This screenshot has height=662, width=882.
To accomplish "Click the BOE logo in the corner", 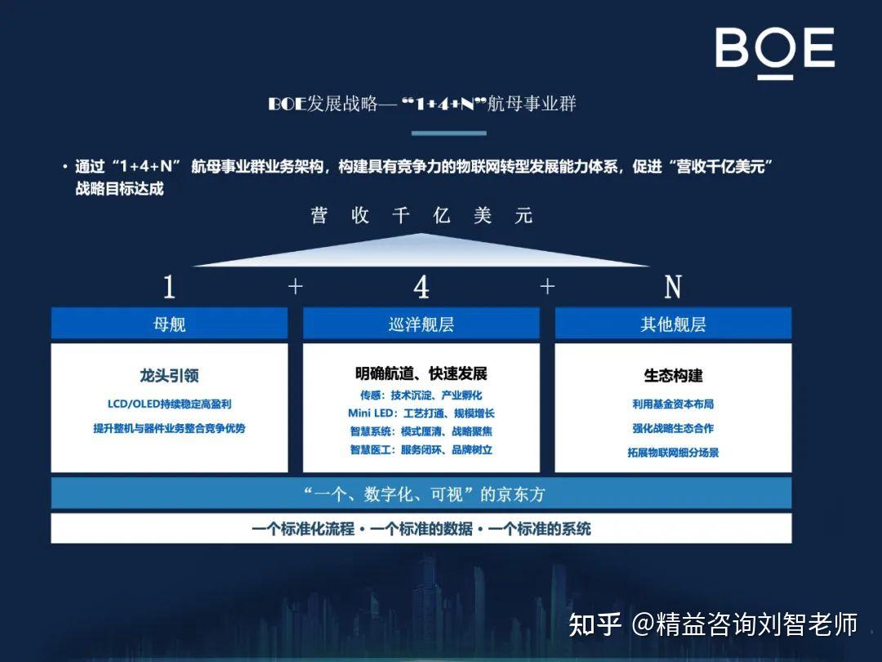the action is [774, 51].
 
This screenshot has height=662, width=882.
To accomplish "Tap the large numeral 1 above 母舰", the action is [169, 287].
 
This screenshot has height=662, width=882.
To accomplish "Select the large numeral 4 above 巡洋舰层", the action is [421, 287].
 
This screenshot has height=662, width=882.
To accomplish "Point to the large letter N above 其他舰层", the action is [673, 287].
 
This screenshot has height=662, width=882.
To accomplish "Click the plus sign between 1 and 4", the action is [296, 287].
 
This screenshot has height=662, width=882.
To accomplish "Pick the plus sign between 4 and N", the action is [547, 287].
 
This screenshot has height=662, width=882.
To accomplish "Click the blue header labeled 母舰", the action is [169, 323].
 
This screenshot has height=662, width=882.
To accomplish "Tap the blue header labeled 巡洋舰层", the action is [421, 323].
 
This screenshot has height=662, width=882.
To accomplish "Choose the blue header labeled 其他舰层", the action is [673, 323].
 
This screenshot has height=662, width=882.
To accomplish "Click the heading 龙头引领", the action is [169, 375].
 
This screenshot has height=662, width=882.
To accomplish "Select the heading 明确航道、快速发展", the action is [421, 373].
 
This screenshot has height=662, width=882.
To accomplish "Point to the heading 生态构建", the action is [673, 375].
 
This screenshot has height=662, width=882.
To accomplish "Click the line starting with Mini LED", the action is [421, 414].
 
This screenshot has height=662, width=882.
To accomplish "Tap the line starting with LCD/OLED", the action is [169, 404].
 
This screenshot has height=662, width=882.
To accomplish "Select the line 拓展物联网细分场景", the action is [673, 452].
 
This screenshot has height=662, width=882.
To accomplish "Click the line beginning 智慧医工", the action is [421, 450].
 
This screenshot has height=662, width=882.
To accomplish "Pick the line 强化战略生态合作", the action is [673, 427].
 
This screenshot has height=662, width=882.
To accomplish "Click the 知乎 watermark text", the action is [595, 624].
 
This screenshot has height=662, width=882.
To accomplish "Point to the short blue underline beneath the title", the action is [449, 133].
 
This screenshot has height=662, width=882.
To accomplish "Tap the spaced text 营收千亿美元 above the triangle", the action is [421, 215].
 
